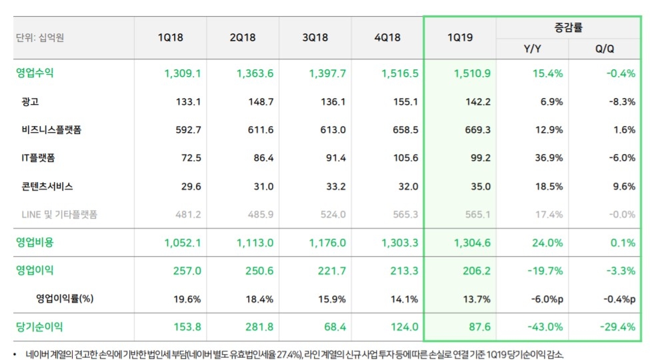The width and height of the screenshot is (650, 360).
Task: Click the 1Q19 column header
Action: pyautogui.click(x=460, y=37)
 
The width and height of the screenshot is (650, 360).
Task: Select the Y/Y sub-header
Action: pyautogui.click(x=532, y=49)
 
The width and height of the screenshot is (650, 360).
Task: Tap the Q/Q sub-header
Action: pyautogui.click(x=605, y=49)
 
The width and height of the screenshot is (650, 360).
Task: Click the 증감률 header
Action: pyautogui.click(x=569, y=27)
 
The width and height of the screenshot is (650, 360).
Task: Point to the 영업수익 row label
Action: pyautogui.click(x=35, y=73)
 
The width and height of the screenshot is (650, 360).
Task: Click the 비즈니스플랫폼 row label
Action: pyautogui.click(x=51, y=130)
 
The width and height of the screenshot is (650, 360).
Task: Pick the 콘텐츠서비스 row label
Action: pyautogui.click(x=47, y=187)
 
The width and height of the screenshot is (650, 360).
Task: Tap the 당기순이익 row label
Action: pyautogui.click(x=39, y=327)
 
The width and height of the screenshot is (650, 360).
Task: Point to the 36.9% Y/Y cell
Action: pyautogui.click(x=547, y=159)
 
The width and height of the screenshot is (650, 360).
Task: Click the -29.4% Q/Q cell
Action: pyautogui.click(x=617, y=327)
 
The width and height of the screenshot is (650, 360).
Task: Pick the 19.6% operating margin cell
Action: pyautogui.click(x=187, y=299)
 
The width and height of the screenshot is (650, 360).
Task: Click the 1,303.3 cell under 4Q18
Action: pyautogui.click(x=400, y=243)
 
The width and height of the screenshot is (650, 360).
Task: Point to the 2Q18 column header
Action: pyautogui.click(x=242, y=37)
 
